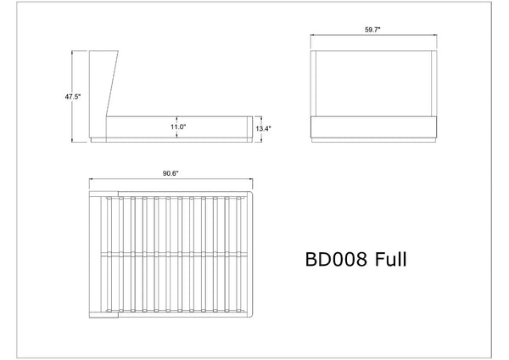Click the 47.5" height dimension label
pyautogui.click(x=72, y=97)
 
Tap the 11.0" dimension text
pyautogui.click(x=178, y=127)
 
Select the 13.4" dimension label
pyautogui.click(x=263, y=129)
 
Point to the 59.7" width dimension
pyautogui.click(x=372, y=30)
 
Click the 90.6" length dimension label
pyautogui.click(x=171, y=173)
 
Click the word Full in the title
pyautogui.click(x=390, y=259)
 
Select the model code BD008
pyautogui.click(x=336, y=259)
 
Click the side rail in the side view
pyautogui.click(x=177, y=127)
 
